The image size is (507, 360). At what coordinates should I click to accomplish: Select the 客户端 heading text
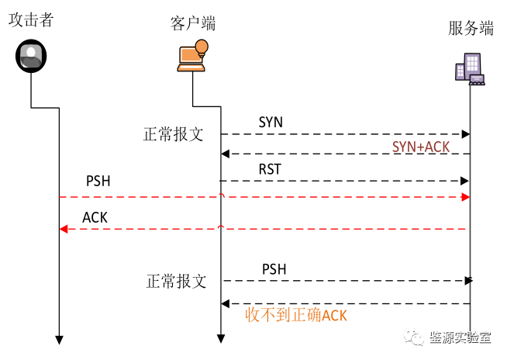coord(192,23)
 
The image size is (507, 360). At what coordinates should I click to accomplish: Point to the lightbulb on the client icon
coord(202,47)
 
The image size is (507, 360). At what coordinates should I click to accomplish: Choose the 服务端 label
coord(471,29)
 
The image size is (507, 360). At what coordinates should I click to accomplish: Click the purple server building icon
coord(470,68)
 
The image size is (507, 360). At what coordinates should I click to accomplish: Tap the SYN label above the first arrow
coord(271,123)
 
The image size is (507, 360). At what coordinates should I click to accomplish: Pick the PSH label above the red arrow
coord(98,182)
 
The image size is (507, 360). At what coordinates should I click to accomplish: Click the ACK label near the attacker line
coord(95,218)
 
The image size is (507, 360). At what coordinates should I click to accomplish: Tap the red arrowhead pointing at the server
coord(465,197)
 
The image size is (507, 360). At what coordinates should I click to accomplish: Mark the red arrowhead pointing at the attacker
coord(64,229)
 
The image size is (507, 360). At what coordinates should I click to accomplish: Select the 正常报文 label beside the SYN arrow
coord(174,133)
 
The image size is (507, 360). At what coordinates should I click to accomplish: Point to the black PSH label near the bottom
coord(274,269)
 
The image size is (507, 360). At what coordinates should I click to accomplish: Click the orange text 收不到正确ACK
coord(295,315)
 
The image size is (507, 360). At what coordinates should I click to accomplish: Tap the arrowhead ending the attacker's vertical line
coord(58,339)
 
